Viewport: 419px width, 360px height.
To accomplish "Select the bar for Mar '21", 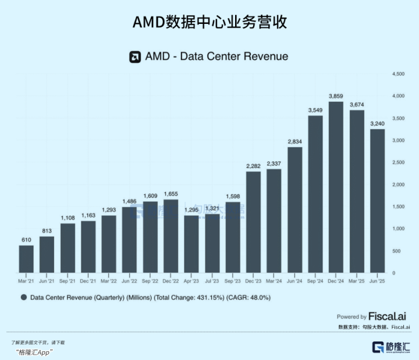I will coord(26,259).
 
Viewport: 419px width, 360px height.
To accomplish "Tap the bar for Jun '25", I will coord(377,201).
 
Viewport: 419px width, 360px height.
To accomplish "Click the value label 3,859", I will coord(336,95).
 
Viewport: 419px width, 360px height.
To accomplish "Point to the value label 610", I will coord(26,239).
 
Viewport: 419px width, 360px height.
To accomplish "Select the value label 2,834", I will coord(294,141).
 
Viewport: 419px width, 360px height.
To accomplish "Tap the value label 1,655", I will coord(171,194).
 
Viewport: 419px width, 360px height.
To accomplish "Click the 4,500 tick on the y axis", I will coord(398,74).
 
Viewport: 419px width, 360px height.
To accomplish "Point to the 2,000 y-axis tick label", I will coord(398,184).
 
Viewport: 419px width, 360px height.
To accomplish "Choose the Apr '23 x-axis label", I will coord(191,281).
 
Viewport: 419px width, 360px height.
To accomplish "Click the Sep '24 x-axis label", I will coord(315,281).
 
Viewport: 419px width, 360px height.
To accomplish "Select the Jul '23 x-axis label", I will coord(212,281).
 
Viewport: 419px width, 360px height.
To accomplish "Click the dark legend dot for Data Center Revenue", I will coord(24,297).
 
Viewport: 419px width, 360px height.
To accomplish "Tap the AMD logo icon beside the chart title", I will coord(134,56).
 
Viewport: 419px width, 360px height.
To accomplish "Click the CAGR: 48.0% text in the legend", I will coord(248,297).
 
